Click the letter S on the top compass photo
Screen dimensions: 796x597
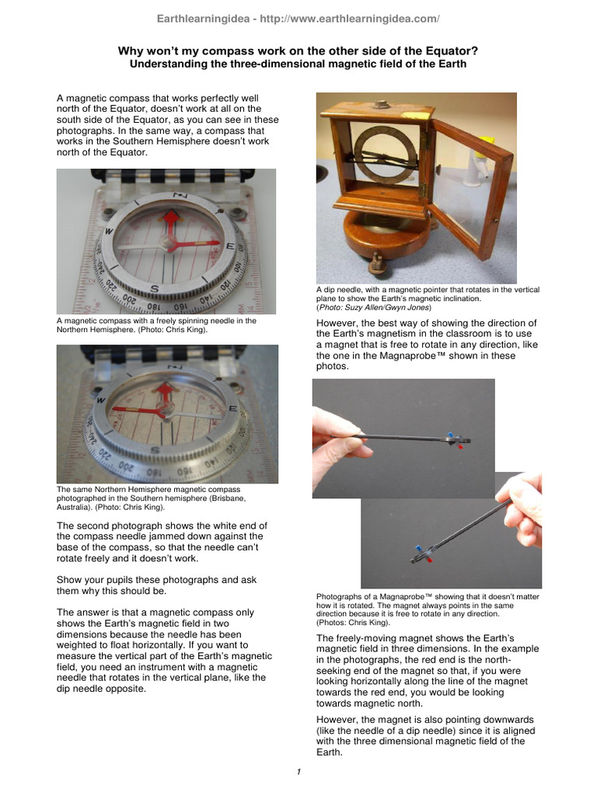click(x=155, y=289)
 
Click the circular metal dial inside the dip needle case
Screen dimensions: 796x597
click(x=386, y=153)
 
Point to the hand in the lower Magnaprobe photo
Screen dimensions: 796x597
click(x=522, y=509)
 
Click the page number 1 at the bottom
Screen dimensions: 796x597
click(x=298, y=771)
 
